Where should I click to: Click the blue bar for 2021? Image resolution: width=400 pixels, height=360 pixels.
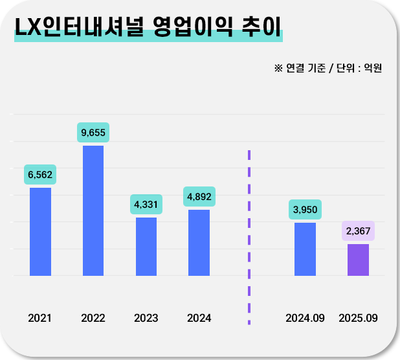40,231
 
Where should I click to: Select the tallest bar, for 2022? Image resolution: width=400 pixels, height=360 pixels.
93,210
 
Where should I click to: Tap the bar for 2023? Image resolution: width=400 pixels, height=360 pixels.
146,246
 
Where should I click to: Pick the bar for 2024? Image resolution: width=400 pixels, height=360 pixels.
199,242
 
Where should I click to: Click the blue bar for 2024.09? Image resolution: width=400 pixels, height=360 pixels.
305,249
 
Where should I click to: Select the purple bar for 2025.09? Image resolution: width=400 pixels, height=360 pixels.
358,260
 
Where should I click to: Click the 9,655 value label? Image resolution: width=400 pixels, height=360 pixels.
93,132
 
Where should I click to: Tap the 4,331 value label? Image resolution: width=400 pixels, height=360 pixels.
146,204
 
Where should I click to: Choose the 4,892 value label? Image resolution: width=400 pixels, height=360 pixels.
199,196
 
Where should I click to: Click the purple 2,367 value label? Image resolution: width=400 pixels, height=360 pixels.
358,231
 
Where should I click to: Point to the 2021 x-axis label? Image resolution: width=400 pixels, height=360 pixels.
40,318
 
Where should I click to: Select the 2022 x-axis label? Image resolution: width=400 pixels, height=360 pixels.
93,318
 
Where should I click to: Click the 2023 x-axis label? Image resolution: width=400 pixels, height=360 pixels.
146,318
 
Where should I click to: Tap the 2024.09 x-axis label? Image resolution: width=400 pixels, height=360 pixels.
305,318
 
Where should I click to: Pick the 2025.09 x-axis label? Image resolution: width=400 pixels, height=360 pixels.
358,318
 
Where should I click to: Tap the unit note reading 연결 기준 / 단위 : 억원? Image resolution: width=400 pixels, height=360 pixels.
328,67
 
